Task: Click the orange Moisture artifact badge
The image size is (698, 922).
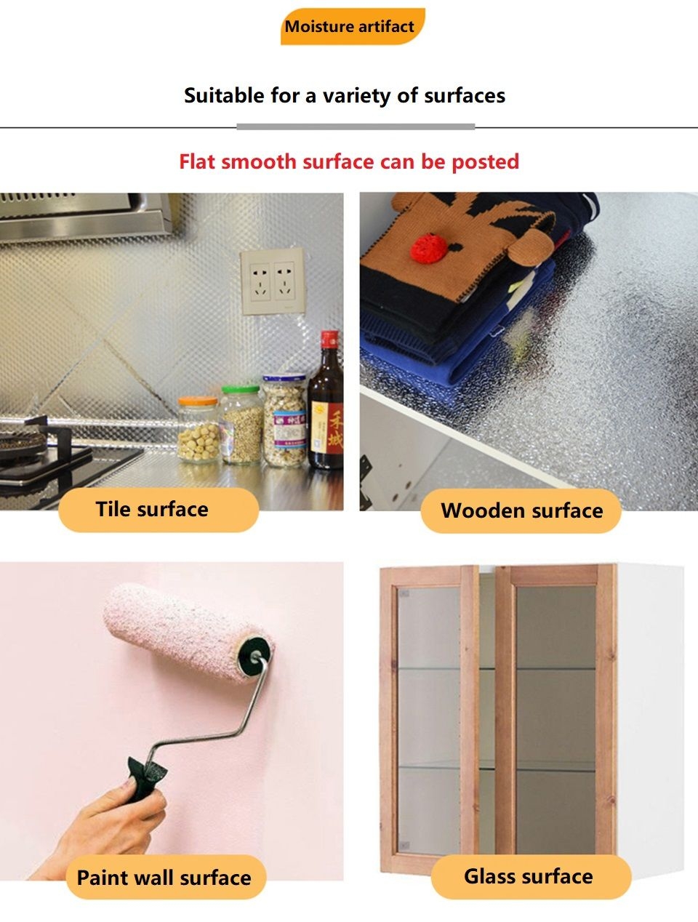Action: [x=353, y=26]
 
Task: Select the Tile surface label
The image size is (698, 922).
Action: [x=159, y=510]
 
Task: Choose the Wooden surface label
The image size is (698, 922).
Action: [x=521, y=510]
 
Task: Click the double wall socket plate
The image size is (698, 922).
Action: [x=273, y=281]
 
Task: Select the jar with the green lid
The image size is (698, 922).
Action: [x=241, y=424]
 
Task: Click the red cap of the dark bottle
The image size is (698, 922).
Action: [x=329, y=340]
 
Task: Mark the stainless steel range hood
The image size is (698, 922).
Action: [x=86, y=215]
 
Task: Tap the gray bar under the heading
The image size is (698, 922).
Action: [x=356, y=127]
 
